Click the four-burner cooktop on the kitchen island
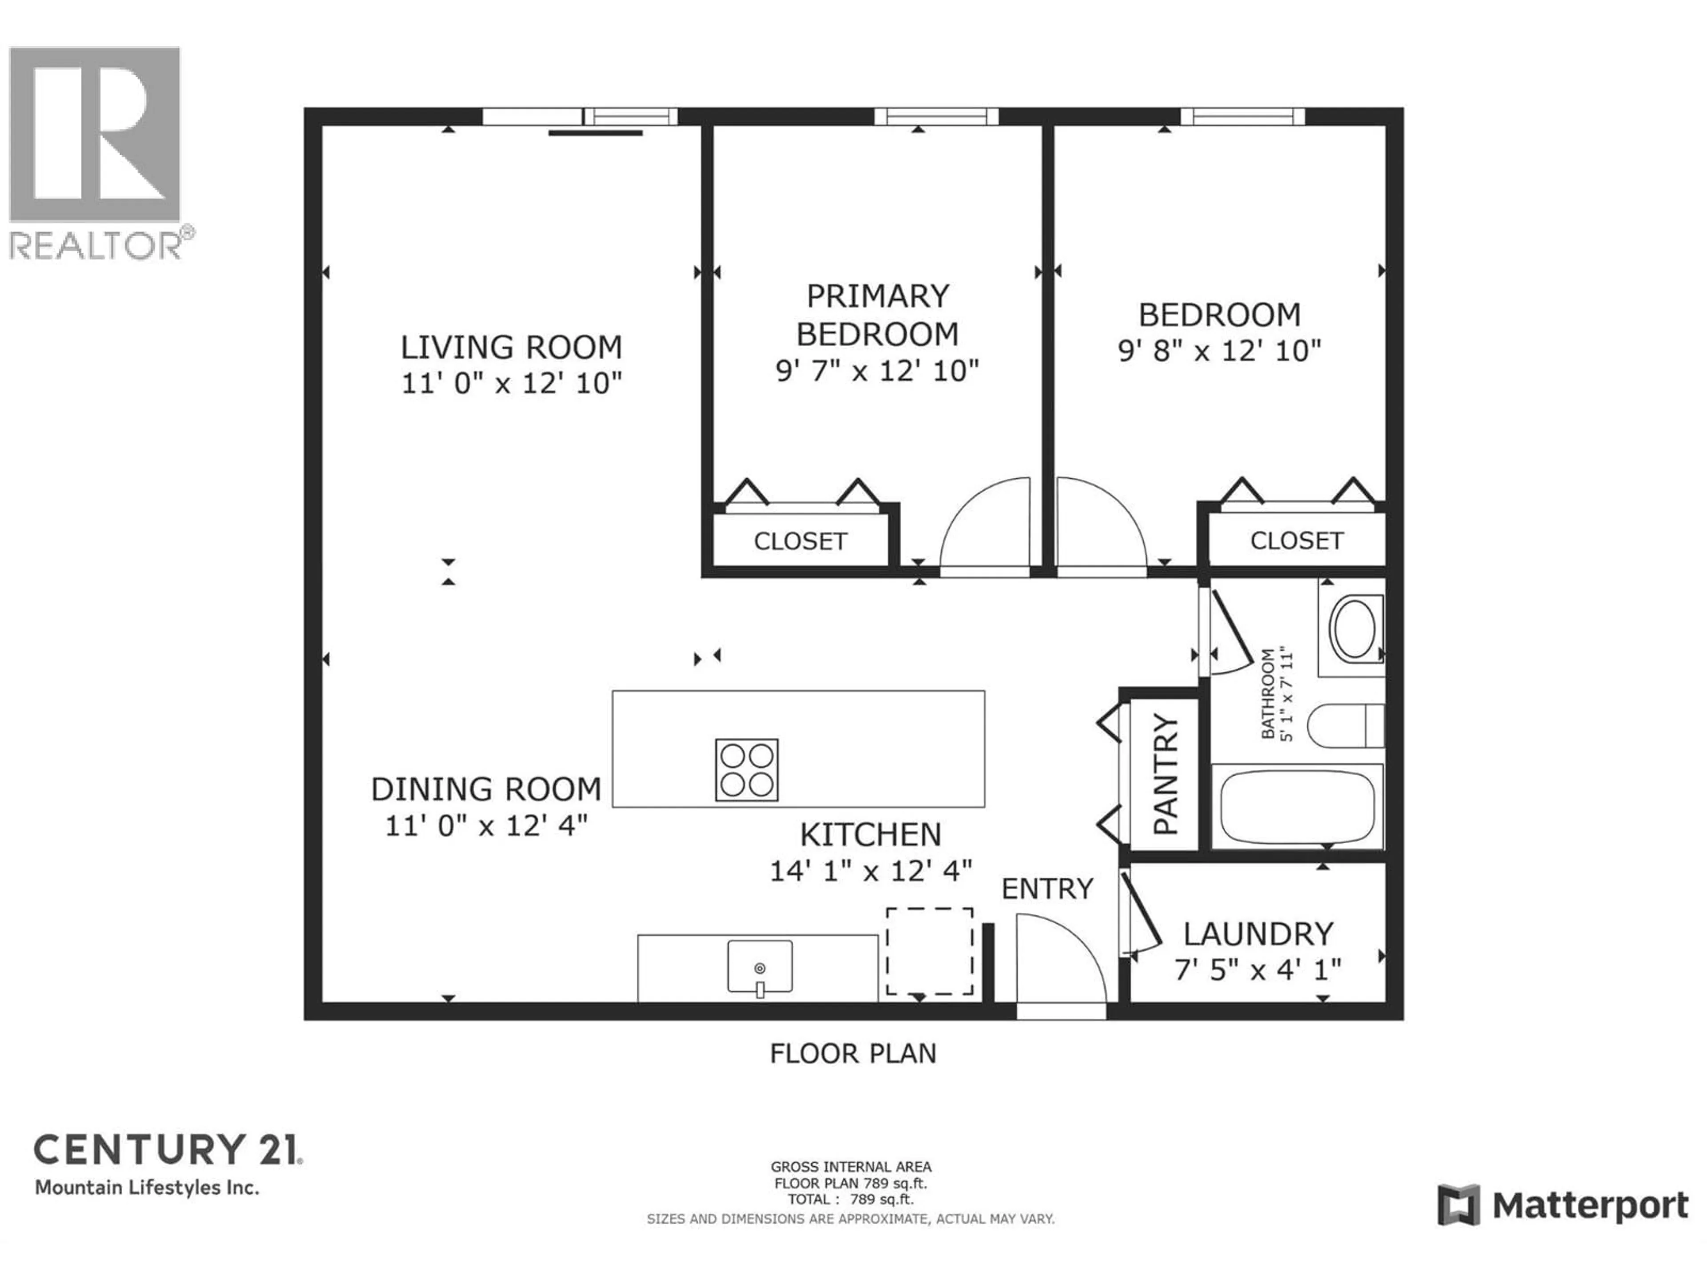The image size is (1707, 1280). (746, 770)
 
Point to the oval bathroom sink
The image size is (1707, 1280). (1354, 629)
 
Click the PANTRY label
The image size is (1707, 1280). (1165, 774)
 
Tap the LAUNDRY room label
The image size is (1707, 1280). (1258, 934)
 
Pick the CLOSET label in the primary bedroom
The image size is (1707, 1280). (800, 542)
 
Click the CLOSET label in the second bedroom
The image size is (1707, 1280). (1296, 541)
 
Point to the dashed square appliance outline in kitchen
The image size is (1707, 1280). (929, 951)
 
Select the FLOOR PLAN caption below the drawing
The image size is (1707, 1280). (853, 1054)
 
